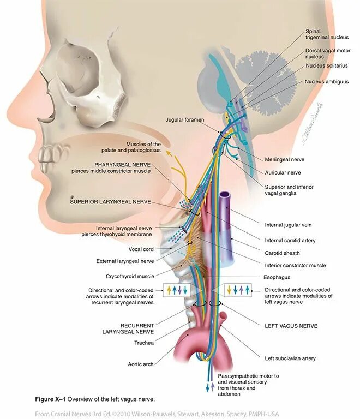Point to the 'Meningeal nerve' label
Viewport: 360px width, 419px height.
pos(285,159)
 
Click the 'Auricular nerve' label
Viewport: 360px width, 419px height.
pos(283,172)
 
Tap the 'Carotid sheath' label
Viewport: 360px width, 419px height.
pos(282,253)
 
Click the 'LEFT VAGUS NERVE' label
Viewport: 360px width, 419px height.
pos(291,326)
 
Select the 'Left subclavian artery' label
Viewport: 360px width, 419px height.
pos(290,358)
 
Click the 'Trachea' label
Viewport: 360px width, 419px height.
pos(144,343)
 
